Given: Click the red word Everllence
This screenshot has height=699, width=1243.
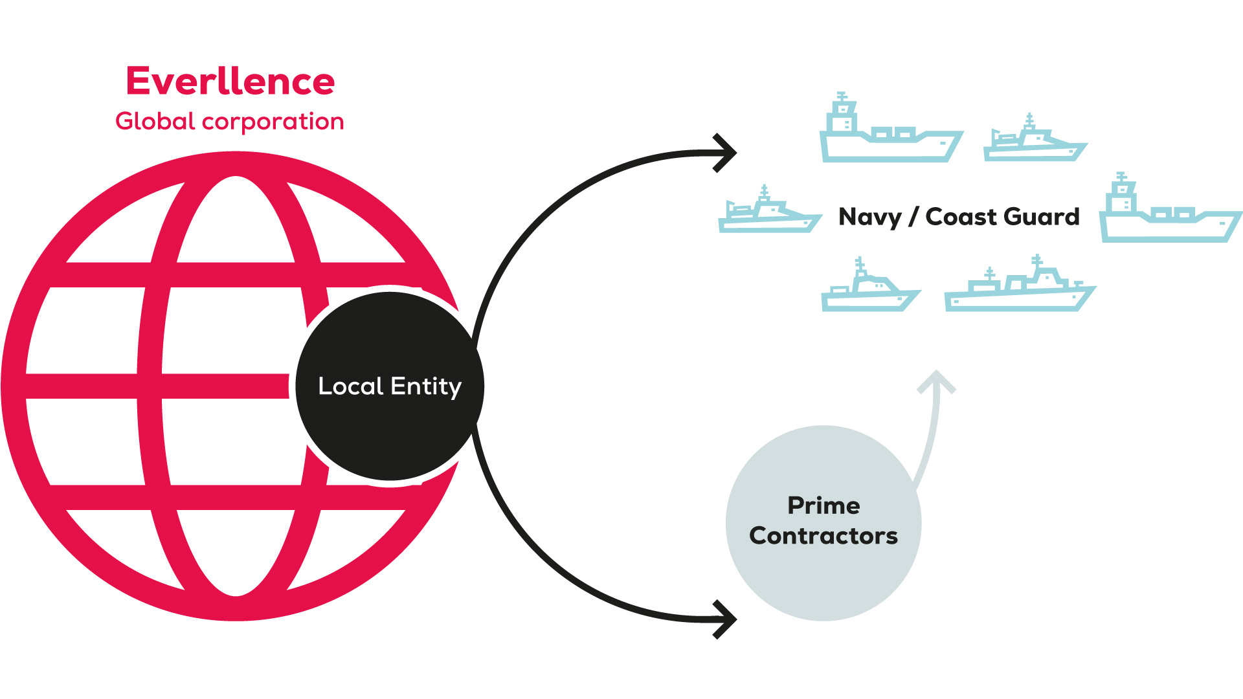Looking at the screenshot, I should (x=230, y=82).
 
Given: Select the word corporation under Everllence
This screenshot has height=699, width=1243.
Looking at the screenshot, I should (x=273, y=122).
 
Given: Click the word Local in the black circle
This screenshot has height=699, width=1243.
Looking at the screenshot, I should (x=351, y=386).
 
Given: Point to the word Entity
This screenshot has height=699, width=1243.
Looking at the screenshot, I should (x=426, y=386).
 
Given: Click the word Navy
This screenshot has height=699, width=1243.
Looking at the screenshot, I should (x=869, y=217).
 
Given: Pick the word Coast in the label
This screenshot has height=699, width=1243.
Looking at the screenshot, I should (x=956, y=216).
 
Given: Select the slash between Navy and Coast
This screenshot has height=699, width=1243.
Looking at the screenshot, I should (x=913, y=217).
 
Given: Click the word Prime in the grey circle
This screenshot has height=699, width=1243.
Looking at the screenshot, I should (x=823, y=505).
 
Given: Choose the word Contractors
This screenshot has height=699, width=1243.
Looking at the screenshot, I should (x=823, y=536).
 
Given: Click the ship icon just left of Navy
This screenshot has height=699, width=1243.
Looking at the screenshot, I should (x=769, y=210).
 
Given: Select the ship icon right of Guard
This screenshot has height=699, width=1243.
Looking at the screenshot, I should (x=1170, y=210).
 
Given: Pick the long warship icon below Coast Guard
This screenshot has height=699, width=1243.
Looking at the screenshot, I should (x=1020, y=286).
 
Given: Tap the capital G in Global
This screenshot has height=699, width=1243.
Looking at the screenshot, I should (x=126, y=121).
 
